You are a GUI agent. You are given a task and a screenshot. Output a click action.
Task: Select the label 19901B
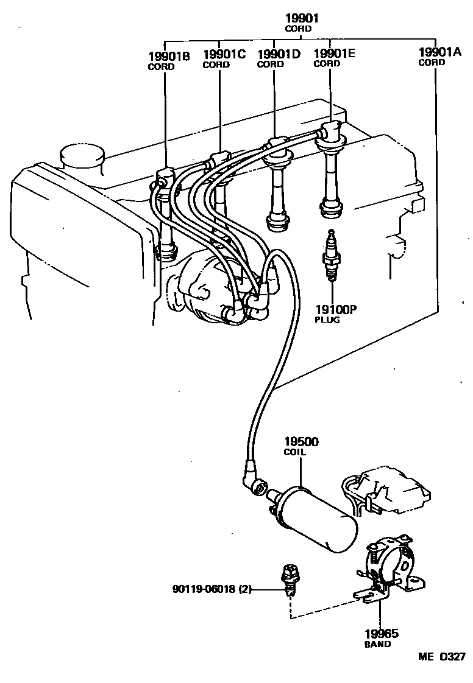click(169, 57)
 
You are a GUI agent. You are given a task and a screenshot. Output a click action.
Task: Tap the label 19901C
click(224, 54)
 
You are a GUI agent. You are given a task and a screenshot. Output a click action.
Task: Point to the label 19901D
click(279, 54)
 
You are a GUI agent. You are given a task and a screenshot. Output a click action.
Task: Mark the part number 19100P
click(335, 309)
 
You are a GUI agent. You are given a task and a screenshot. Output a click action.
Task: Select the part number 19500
click(301, 441)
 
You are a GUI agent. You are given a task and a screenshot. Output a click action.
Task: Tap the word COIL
click(296, 452)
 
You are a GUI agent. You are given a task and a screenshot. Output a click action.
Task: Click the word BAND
click(378, 643)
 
